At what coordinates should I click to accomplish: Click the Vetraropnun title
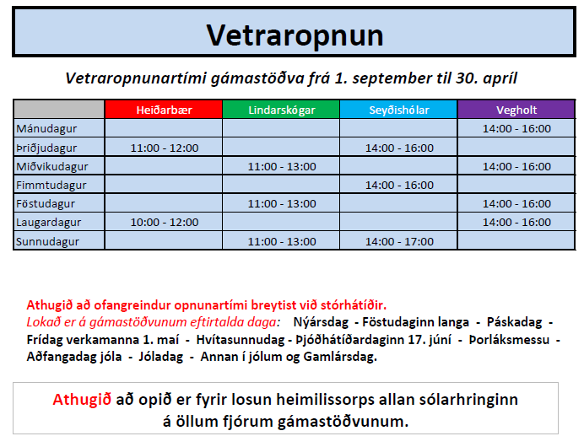point(295,35)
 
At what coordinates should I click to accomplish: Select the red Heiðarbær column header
point(164,110)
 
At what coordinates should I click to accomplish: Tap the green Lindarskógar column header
point(281,110)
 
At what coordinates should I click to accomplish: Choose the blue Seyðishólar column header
point(398,110)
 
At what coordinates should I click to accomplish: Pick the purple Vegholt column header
point(516,110)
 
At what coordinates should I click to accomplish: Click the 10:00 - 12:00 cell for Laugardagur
point(165,223)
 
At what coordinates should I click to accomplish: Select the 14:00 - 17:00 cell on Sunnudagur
point(399,241)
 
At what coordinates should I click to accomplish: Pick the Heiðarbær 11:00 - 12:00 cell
point(165,148)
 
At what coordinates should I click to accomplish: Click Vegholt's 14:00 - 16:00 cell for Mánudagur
point(516,129)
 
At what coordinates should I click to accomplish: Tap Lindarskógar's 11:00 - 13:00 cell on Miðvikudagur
point(282,166)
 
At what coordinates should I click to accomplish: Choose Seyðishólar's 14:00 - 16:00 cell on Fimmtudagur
point(399,185)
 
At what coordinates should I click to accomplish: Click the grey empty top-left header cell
point(59,110)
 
